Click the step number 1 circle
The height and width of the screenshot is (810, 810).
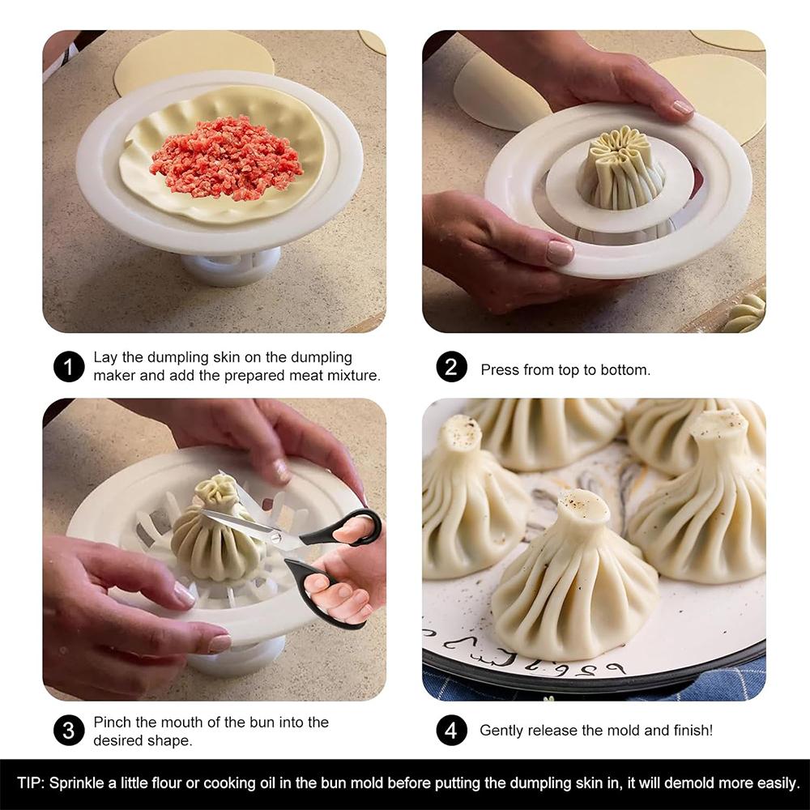point(69,367)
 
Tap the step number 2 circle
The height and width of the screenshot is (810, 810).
point(451,367)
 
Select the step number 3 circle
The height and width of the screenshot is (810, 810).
point(69,731)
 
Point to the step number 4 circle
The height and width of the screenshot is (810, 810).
point(451,731)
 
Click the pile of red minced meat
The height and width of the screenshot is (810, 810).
point(226,157)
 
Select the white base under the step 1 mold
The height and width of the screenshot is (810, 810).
point(231,266)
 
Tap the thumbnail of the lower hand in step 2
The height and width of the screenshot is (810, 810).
point(561,252)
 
